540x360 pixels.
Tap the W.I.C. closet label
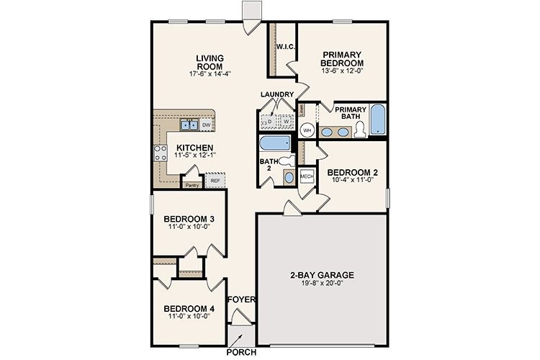point(282,48)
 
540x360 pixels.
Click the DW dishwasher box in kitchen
point(206,125)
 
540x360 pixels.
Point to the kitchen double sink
point(189,125)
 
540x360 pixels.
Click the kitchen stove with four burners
point(160,153)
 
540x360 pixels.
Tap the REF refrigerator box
point(215,180)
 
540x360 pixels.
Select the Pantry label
point(192,185)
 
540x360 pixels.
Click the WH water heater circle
point(307,131)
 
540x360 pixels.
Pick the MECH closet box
point(306,176)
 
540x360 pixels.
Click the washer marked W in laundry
point(285,122)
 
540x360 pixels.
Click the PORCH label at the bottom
point(241,353)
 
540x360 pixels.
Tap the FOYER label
point(239,300)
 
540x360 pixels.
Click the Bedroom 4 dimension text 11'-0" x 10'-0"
point(188,317)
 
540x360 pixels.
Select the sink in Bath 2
point(289,177)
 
